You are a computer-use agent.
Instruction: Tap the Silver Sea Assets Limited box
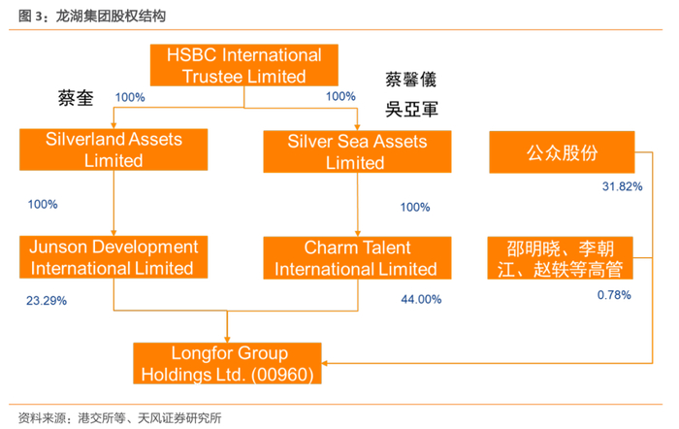tap(357, 151)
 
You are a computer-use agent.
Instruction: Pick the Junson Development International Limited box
tap(113, 257)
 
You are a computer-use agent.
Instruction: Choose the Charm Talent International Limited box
tap(357, 258)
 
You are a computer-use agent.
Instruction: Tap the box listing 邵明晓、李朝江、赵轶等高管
tap(562, 258)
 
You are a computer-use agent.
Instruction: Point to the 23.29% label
tap(47, 301)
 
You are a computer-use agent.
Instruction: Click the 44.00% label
tap(421, 300)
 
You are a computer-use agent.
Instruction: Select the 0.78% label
tap(615, 294)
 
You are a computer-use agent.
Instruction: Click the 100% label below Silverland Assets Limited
tap(44, 205)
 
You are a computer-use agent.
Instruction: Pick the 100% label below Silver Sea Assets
tap(415, 207)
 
